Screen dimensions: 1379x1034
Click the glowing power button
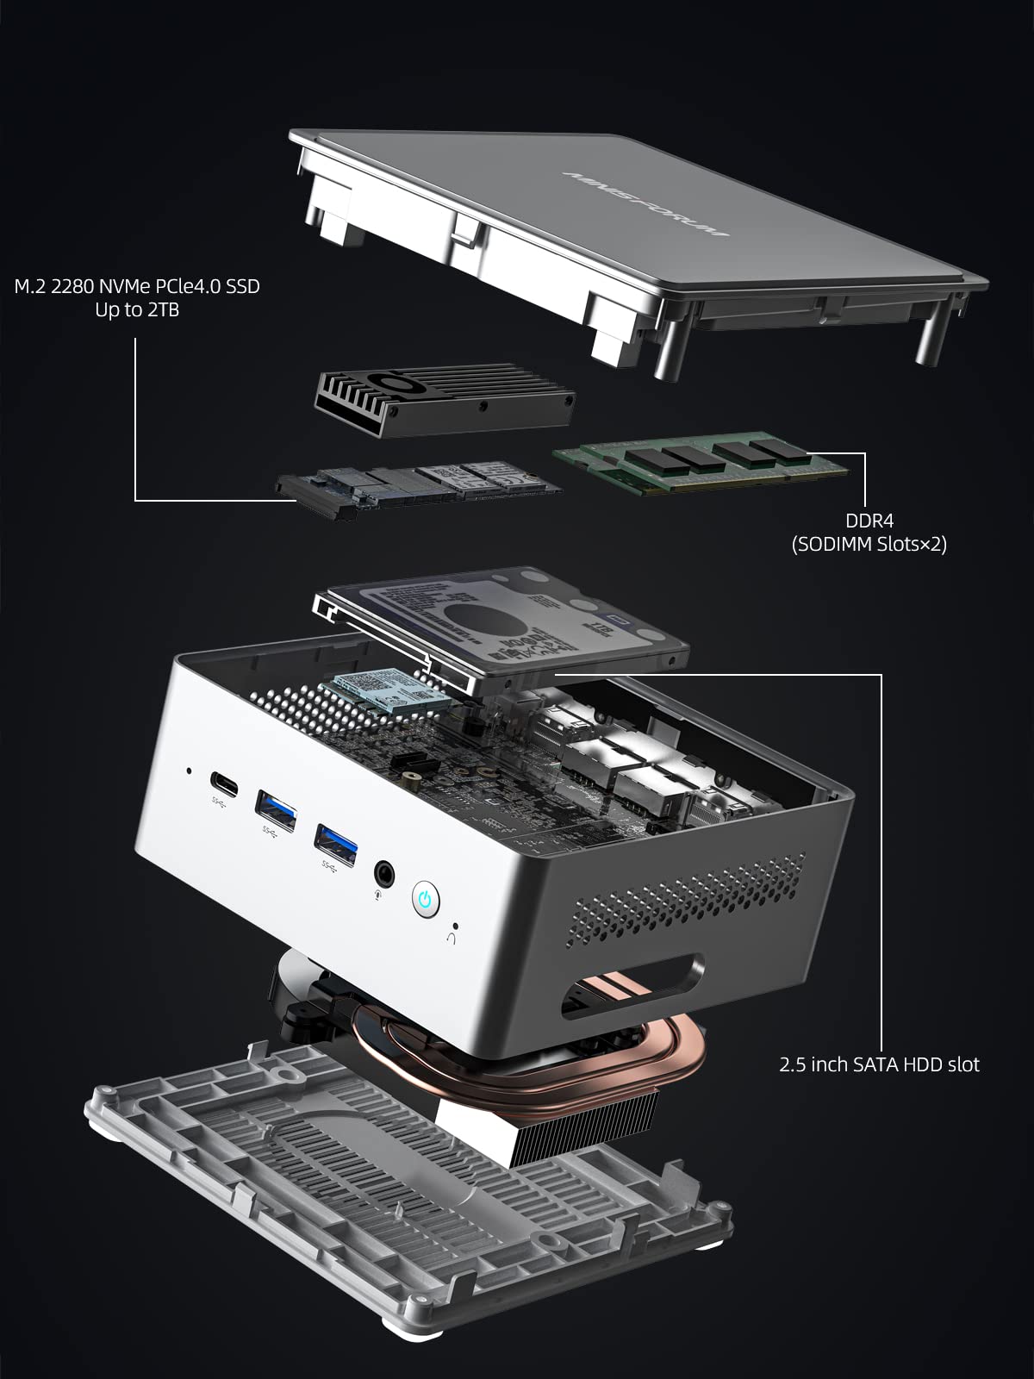424,900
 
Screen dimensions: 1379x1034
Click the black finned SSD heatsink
444,398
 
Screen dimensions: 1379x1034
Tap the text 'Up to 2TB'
137,310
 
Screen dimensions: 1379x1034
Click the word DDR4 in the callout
869,521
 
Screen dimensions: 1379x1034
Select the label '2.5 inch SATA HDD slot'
879,1064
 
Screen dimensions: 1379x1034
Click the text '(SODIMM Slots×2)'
869,544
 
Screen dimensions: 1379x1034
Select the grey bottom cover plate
405,1207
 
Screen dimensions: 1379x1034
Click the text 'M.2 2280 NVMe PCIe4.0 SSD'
137,286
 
